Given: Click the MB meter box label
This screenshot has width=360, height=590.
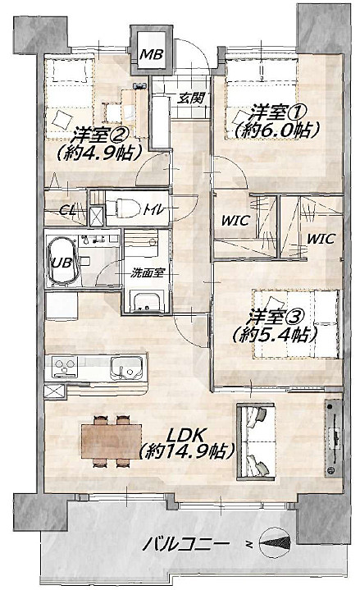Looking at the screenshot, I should [x=150, y=56].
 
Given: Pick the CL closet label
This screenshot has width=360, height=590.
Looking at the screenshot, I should [x=69, y=210].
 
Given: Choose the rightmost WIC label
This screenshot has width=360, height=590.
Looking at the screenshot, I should [x=321, y=239].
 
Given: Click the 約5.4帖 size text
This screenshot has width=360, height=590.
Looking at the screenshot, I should [x=275, y=335].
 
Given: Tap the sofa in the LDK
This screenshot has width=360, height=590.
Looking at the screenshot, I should [x=257, y=441].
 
